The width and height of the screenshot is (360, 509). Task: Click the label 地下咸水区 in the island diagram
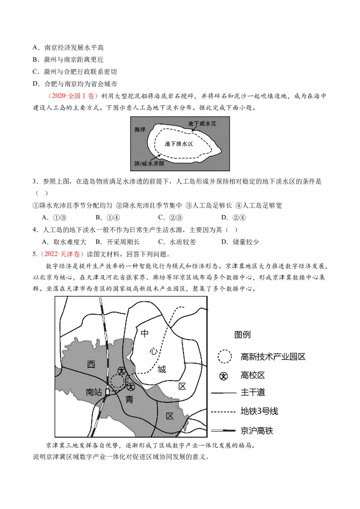pos(202,123)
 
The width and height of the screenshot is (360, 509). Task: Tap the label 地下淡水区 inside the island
pos(179,144)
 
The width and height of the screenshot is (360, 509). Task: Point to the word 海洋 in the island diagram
pos(140,129)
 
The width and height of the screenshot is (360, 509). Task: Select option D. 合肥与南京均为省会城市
pos(75,84)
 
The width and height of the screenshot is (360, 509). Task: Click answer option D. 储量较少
pos(240,241)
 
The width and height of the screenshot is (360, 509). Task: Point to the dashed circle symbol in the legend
pos(224,357)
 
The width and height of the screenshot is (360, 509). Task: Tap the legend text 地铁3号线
pos(259,411)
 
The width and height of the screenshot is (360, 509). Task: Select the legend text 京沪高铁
pos(257,430)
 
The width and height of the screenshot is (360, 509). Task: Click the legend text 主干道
pos(252,392)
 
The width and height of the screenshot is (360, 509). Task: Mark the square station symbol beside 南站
pos(107,392)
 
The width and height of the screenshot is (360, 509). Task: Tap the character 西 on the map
pos(91,365)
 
